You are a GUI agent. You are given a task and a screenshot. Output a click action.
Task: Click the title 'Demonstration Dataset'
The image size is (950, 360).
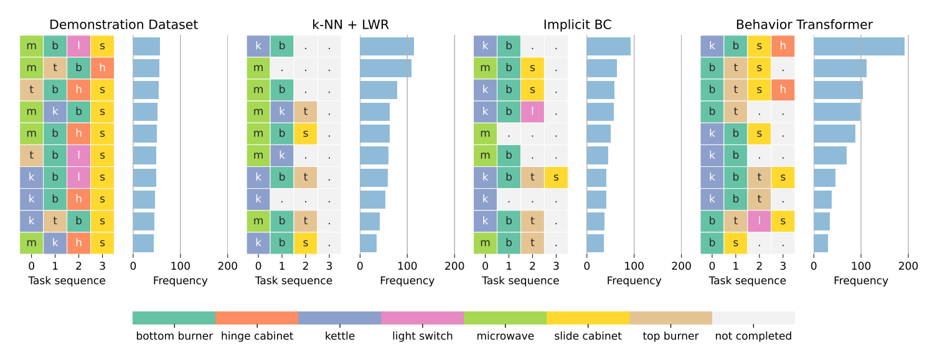[123, 25]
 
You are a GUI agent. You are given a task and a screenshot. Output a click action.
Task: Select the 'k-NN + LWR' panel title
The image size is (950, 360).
[350, 25]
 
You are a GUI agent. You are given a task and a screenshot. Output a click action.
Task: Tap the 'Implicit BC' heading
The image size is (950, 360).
[577, 25]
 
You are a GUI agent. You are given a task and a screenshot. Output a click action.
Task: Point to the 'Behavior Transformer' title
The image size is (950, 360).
[804, 25]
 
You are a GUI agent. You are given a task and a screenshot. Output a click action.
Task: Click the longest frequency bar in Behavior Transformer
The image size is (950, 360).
[859, 46]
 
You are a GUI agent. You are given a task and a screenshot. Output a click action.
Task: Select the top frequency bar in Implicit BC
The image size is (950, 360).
[609, 46]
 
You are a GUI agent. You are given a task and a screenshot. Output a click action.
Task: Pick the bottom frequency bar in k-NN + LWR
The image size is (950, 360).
[368, 244]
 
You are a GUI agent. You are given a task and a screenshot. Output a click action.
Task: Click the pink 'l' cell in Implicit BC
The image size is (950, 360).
[532, 111]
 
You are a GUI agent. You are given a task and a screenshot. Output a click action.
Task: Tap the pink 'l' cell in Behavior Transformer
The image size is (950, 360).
[759, 221]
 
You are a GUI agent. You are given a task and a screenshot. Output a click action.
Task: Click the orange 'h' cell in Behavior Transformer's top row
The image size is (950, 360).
[783, 46]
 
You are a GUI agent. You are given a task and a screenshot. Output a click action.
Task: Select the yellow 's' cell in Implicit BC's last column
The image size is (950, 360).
[556, 178]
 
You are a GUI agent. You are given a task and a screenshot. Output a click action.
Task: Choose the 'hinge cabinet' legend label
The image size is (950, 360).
[257, 336]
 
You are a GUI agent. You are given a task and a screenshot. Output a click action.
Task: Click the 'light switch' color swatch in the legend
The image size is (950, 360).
[423, 318]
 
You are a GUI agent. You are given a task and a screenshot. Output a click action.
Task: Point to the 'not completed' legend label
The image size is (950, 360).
[753, 336]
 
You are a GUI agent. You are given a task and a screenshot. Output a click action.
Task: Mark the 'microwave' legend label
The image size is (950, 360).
[505, 336]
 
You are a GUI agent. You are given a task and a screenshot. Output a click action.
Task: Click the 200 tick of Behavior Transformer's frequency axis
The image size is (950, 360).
[908, 266]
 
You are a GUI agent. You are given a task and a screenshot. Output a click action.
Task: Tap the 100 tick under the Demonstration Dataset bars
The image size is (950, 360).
[181, 266]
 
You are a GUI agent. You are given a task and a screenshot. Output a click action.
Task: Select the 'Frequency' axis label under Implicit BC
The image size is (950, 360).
[634, 281]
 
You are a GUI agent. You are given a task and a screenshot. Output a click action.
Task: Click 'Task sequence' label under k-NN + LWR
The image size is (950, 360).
[293, 281]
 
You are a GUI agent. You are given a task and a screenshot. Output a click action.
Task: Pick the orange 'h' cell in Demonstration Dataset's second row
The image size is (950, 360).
[102, 68]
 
